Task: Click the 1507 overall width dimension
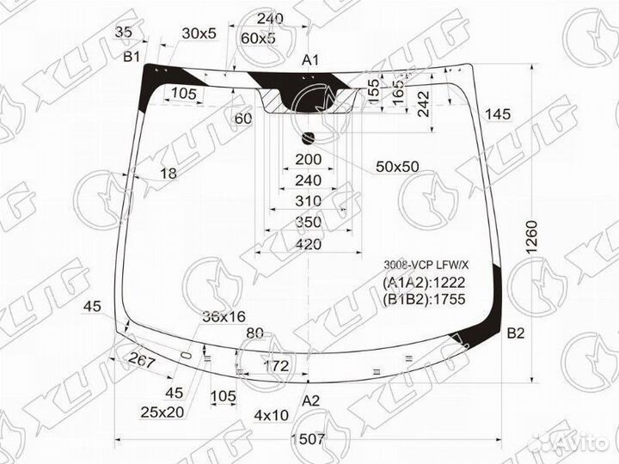click(x=307, y=438)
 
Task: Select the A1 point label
click(x=310, y=60)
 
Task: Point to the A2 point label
click(x=310, y=400)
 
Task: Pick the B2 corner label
click(x=516, y=333)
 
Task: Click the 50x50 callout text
click(x=396, y=167)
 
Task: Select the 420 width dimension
click(x=308, y=245)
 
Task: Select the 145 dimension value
click(x=497, y=114)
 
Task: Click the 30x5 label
click(x=199, y=34)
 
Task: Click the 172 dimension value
click(x=274, y=367)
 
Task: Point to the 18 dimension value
click(x=168, y=174)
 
